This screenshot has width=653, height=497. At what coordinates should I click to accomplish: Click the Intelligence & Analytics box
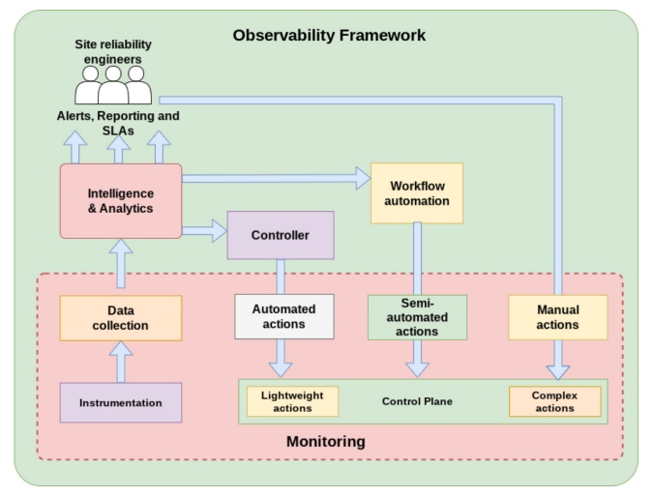(121, 200)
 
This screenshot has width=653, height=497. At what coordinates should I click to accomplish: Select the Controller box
(281, 235)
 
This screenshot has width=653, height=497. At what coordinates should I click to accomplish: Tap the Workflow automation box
(417, 192)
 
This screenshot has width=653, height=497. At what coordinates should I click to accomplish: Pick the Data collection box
(121, 317)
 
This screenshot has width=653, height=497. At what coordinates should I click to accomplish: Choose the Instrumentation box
(121, 402)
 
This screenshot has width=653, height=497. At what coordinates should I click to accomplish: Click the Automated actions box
(283, 316)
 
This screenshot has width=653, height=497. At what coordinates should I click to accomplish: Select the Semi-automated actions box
(417, 317)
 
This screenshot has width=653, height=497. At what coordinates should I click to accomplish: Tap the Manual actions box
(557, 317)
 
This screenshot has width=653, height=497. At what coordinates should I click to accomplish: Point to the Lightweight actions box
(292, 401)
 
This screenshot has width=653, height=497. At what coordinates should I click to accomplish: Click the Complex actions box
(554, 401)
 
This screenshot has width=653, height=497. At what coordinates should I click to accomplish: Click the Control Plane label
(417, 401)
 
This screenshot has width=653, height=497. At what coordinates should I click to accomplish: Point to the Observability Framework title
(329, 36)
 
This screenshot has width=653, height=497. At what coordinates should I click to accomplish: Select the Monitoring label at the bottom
(326, 442)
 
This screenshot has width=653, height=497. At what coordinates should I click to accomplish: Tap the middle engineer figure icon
(113, 86)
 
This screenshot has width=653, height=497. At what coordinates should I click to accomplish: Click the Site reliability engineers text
(113, 51)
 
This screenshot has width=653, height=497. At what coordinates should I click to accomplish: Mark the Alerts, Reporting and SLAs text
(117, 123)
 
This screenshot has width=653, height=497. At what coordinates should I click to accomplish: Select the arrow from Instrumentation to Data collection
(121, 362)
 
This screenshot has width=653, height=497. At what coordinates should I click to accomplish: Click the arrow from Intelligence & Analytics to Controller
(203, 231)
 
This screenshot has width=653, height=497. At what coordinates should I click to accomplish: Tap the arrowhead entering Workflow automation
(361, 178)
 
